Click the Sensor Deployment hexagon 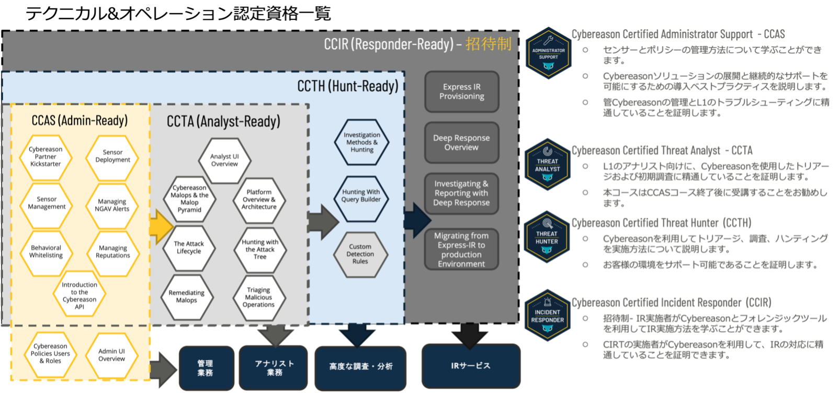112,156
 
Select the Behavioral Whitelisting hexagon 46,252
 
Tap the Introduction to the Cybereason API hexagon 80,296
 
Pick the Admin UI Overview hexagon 111,355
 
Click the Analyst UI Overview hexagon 224,160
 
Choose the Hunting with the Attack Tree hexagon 260,250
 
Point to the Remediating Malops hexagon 187,297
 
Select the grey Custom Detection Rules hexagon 360,254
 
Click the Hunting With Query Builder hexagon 361,196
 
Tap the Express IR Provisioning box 461,92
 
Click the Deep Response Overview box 461,142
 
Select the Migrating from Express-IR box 461,250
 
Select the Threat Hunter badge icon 547,237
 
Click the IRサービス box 471,366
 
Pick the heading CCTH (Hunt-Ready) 348,86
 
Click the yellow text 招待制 488,44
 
